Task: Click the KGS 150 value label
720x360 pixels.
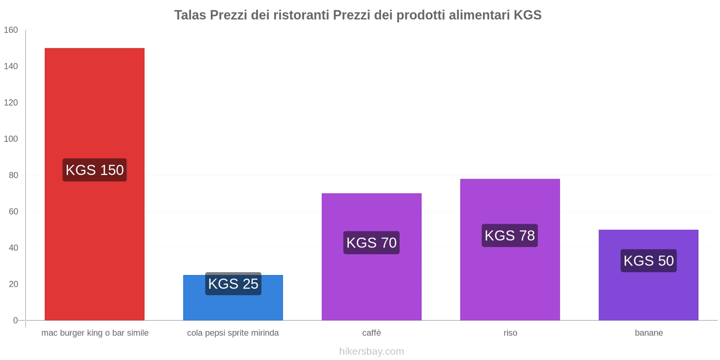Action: (94, 170)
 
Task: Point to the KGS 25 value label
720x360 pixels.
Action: (233, 284)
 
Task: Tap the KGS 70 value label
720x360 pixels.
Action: (371, 243)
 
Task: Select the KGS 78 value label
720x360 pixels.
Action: (510, 235)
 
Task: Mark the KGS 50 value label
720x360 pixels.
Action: (648, 261)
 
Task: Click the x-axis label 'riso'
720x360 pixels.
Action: (510, 333)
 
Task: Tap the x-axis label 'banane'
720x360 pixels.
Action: (648, 333)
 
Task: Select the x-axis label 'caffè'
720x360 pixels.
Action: (371, 333)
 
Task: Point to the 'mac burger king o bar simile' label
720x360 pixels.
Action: (95, 333)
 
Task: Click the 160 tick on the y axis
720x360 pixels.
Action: (11, 30)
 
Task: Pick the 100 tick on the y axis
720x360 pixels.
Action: (11, 139)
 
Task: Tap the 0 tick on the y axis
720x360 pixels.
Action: (15, 320)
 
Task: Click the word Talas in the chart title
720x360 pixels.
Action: (190, 15)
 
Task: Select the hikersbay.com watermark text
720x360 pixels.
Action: (371, 351)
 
